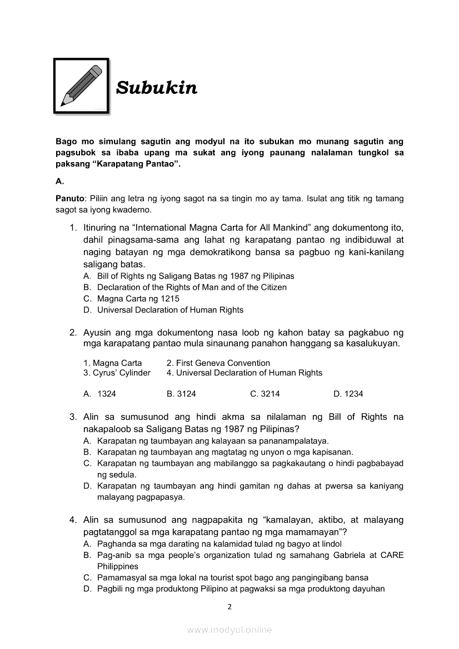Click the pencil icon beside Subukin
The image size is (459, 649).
point(82,85)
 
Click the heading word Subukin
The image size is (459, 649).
point(156,88)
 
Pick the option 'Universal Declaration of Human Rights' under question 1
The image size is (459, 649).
point(170,310)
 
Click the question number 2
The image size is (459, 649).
point(73,333)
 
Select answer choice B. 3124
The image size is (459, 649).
point(181,394)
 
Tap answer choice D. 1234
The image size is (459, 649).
point(348,394)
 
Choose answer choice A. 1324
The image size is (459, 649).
point(100,394)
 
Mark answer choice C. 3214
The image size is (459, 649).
point(265,394)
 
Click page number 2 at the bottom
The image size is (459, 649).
point(229,606)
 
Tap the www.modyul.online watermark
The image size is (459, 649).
point(229,630)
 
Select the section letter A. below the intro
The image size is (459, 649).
point(60,181)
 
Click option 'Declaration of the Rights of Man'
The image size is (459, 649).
point(192,288)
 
